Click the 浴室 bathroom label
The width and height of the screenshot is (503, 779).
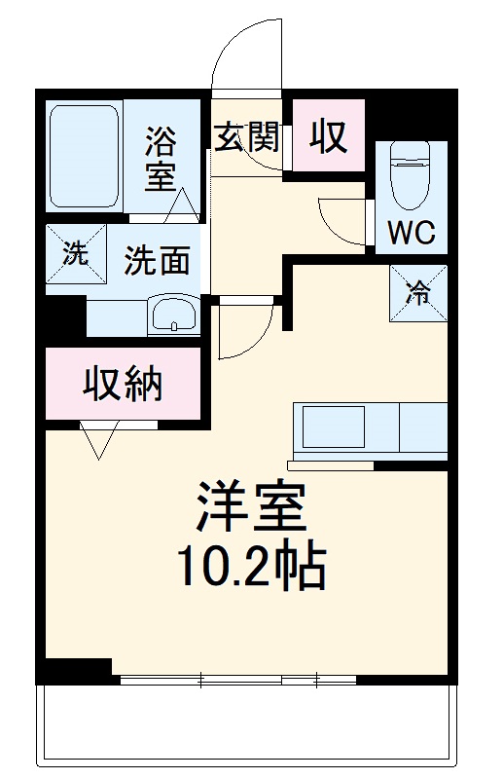[x=161, y=158]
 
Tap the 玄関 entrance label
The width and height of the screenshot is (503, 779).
[x=246, y=137]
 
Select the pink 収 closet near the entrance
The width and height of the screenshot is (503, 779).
[x=329, y=137]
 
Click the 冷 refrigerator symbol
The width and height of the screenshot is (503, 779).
[x=418, y=290]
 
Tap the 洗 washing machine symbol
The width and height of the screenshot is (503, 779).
[x=74, y=255]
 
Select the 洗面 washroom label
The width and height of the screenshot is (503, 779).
[x=156, y=260]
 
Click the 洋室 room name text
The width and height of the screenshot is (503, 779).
[x=251, y=507]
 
